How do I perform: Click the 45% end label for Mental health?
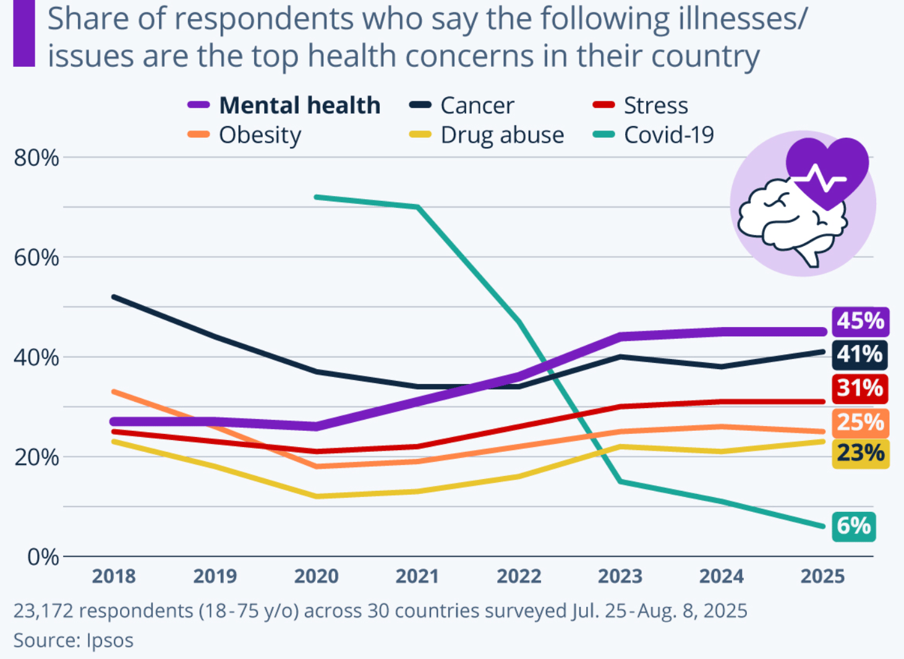pos(860,321)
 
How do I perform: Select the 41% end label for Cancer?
pos(860,355)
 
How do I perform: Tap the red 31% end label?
pos(860,388)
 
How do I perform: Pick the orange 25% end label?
pos(860,423)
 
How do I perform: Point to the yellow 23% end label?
pos(860,454)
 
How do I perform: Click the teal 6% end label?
pos(853,526)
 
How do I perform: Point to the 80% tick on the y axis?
pos(36,158)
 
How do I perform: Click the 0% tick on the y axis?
pos(43,557)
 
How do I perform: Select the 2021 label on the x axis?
pos(417,576)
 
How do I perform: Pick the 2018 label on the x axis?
pos(114,576)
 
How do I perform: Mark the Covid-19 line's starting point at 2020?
pos(316,197)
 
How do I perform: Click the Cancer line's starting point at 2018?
pos(114,297)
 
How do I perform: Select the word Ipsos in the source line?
pos(110,640)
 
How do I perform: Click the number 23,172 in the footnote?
pos(43,611)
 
